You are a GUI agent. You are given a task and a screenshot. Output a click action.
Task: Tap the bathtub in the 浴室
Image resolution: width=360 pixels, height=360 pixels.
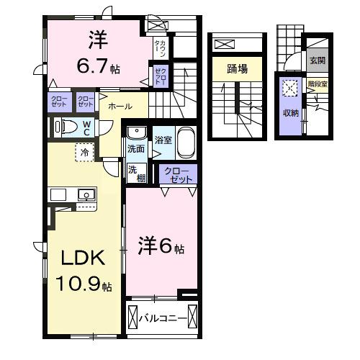pyautogui.click(x=186, y=144)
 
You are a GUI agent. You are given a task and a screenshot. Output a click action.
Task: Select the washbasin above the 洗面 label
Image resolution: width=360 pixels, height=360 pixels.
pyautogui.click(x=135, y=133)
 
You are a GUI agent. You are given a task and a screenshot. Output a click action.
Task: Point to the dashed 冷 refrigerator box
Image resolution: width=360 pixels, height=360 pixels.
pyautogui.click(x=85, y=153)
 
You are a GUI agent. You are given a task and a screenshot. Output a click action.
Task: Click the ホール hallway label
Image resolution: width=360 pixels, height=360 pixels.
pyautogui.click(x=120, y=107)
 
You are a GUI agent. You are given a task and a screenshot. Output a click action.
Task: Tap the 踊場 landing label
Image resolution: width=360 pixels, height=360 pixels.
pyautogui.click(x=237, y=69)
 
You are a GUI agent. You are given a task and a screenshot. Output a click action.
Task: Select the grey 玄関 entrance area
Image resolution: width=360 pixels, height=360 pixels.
pyautogui.click(x=318, y=60)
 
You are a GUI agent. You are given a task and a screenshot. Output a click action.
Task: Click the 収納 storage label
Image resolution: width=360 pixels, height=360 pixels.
pyautogui.click(x=290, y=112)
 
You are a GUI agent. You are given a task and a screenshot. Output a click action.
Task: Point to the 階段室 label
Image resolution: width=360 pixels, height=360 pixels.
pyautogui.click(x=317, y=84)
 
